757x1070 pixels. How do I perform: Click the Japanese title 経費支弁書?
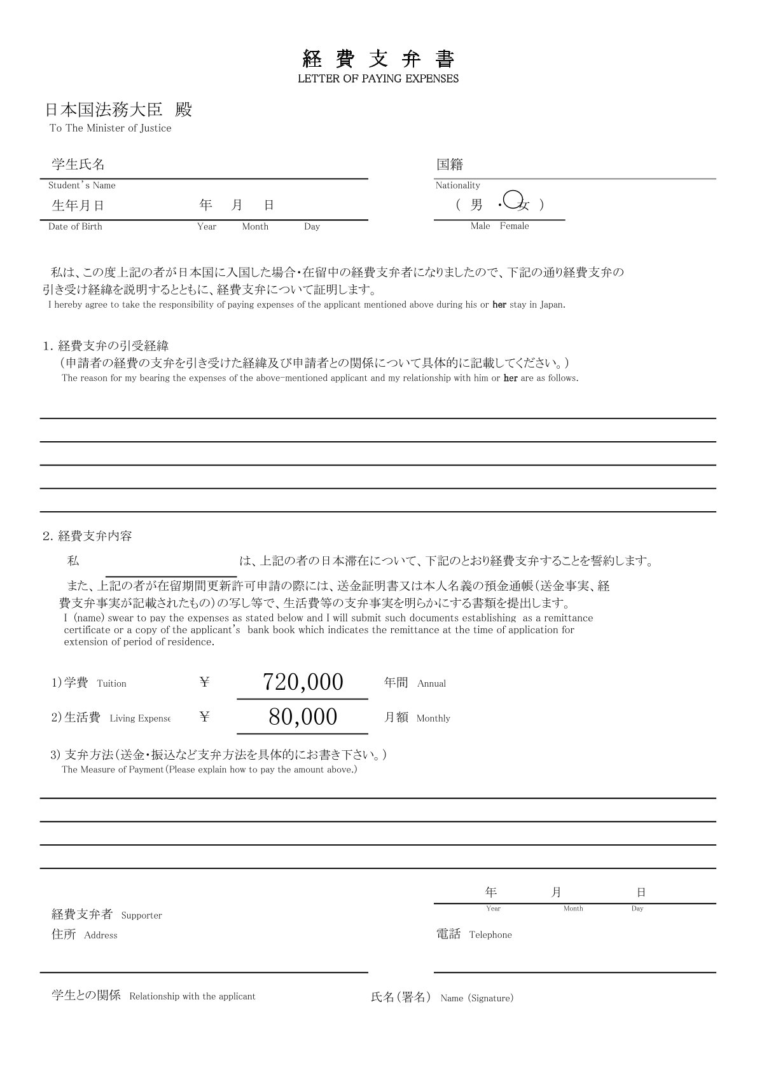pyautogui.click(x=378, y=59)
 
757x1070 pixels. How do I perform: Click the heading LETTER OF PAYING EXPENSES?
pyautogui.click(x=378, y=79)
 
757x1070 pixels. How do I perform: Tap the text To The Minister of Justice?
pyautogui.click(x=111, y=128)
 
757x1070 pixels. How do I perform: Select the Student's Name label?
pyautogui.click(x=82, y=186)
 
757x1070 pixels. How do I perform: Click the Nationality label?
pyautogui.click(x=457, y=186)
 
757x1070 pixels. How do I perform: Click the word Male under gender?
pyautogui.click(x=480, y=226)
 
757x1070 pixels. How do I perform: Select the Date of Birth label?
pyautogui.click(x=75, y=226)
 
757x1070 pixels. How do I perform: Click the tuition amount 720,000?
pyautogui.click(x=303, y=682)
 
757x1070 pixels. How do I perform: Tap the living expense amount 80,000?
pyautogui.click(x=303, y=717)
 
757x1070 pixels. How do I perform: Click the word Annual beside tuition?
pyautogui.click(x=431, y=683)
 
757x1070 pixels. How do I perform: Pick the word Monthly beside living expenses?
pyautogui.click(x=433, y=718)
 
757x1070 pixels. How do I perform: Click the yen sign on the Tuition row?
pyautogui.click(x=204, y=682)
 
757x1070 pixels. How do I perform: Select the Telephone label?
pyautogui.click(x=490, y=935)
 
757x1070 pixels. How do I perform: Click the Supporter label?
pyautogui.click(x=141, y=916)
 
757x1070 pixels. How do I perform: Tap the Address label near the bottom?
pyautogui.click(x=101, y=935)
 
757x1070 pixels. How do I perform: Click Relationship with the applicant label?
pyautogui.click(x=192, y=996)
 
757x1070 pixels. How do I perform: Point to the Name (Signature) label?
pyautogui.click(x=476, y=998)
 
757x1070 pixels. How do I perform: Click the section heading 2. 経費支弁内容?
pyautogui.click(x=88, y=536)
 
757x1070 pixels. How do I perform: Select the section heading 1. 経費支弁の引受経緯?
pyautogui.click(x=106, y=346)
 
